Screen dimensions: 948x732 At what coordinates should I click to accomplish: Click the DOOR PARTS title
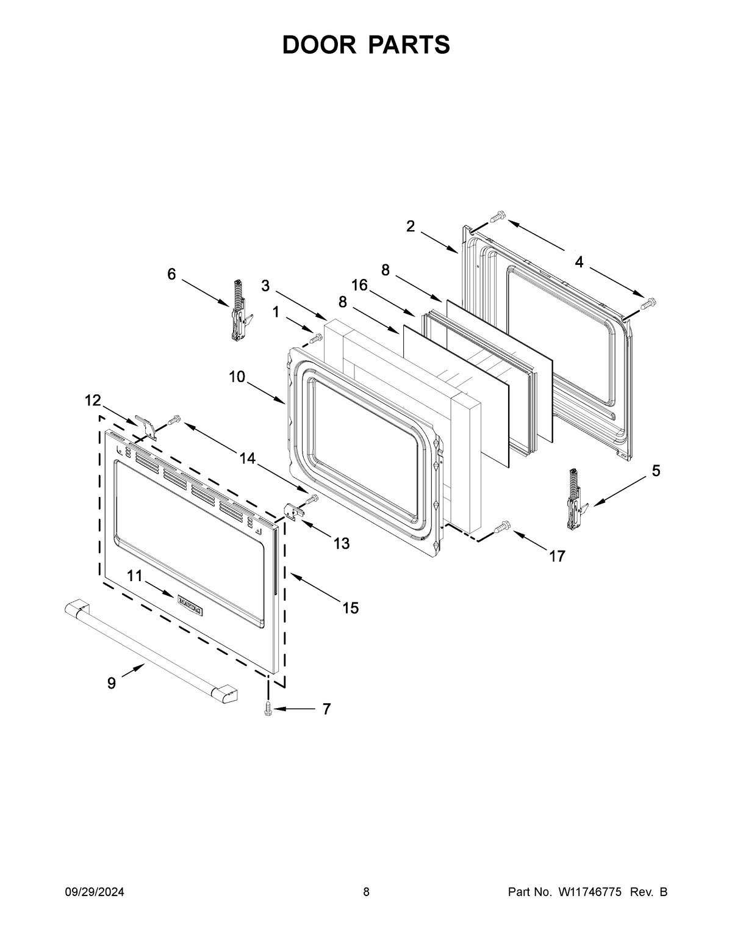pos(366,45)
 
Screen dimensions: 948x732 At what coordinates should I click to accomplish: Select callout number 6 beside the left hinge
pos(172,275)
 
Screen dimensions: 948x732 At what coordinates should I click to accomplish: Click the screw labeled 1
pos(315,338)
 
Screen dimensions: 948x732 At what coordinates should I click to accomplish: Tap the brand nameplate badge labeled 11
pos(190,605)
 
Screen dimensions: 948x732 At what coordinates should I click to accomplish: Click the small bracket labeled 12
pos(145,426)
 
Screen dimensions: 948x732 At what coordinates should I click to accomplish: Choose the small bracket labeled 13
pos(293,513)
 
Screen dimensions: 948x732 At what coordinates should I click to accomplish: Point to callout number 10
pos(237,377)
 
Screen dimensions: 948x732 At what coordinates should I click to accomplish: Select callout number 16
pos(359,285)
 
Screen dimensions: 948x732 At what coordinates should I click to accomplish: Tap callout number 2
pos(411,226)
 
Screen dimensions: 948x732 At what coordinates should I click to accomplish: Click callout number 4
pos(578,262)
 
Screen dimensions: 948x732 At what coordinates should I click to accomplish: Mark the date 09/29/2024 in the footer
pos(95,892)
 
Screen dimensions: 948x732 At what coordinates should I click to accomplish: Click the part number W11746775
pos(589,892)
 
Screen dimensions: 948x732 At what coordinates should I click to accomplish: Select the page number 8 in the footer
pos(366,892)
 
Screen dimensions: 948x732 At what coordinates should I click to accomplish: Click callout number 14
pos(248,459)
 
